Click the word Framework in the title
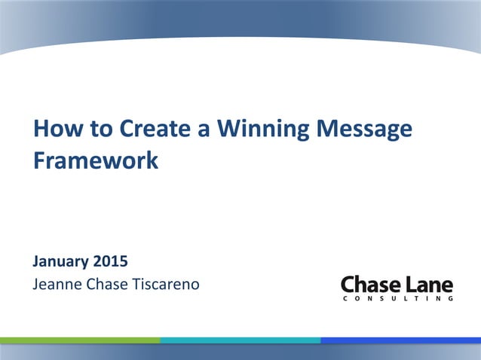point(96,161)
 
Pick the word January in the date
point(60,263)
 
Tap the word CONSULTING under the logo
point(397,299)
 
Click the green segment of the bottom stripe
point(80,340)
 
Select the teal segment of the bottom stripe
point(240,340)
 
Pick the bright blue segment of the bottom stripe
point(400,340)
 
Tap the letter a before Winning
point(204,130)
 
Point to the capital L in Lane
point(408,285)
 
